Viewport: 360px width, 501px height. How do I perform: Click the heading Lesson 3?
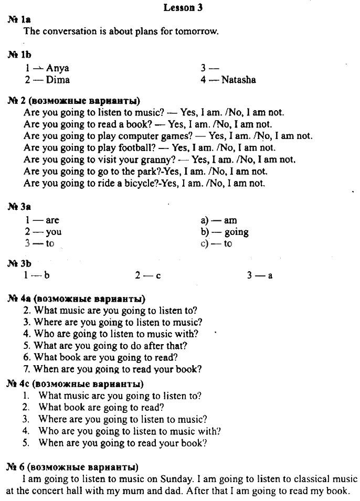[183, 7]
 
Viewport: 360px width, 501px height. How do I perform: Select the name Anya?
[57, 68]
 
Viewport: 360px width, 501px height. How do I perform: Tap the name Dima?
[58, 80]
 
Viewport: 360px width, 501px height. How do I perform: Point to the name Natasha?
[238, 80]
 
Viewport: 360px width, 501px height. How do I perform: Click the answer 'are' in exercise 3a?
[52, 220]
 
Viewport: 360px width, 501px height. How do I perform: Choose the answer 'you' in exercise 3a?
[54, 232]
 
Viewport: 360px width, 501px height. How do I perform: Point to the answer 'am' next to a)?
[230, 220]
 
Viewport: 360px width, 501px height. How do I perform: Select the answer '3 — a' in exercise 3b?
[259, 274]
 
